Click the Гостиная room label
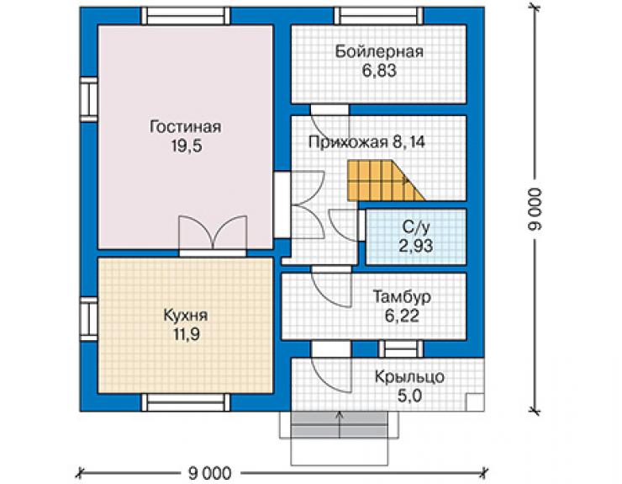tap(185, 127)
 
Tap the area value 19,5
tap(187, 146)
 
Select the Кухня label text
tap(185, 316)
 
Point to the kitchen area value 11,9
tap(186, 334)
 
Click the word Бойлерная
tap(379, 51)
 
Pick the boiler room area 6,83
tap(379, 71)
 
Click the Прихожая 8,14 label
tap(366, 142)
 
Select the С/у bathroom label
tap(415, 227)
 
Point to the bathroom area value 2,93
tap(415, 246)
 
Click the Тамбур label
tap(402, 297)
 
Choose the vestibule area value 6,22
tap(402, 316)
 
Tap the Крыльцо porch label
tap(409, 377)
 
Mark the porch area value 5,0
tap(409, 396)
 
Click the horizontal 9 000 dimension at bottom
tap(209, 473)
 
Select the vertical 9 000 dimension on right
tap(535, 209)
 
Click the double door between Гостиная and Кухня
tap(213, 236)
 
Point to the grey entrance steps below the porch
tap(339, 424)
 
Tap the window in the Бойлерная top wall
tap(379, 16)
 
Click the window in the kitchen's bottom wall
tap(186, 402)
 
